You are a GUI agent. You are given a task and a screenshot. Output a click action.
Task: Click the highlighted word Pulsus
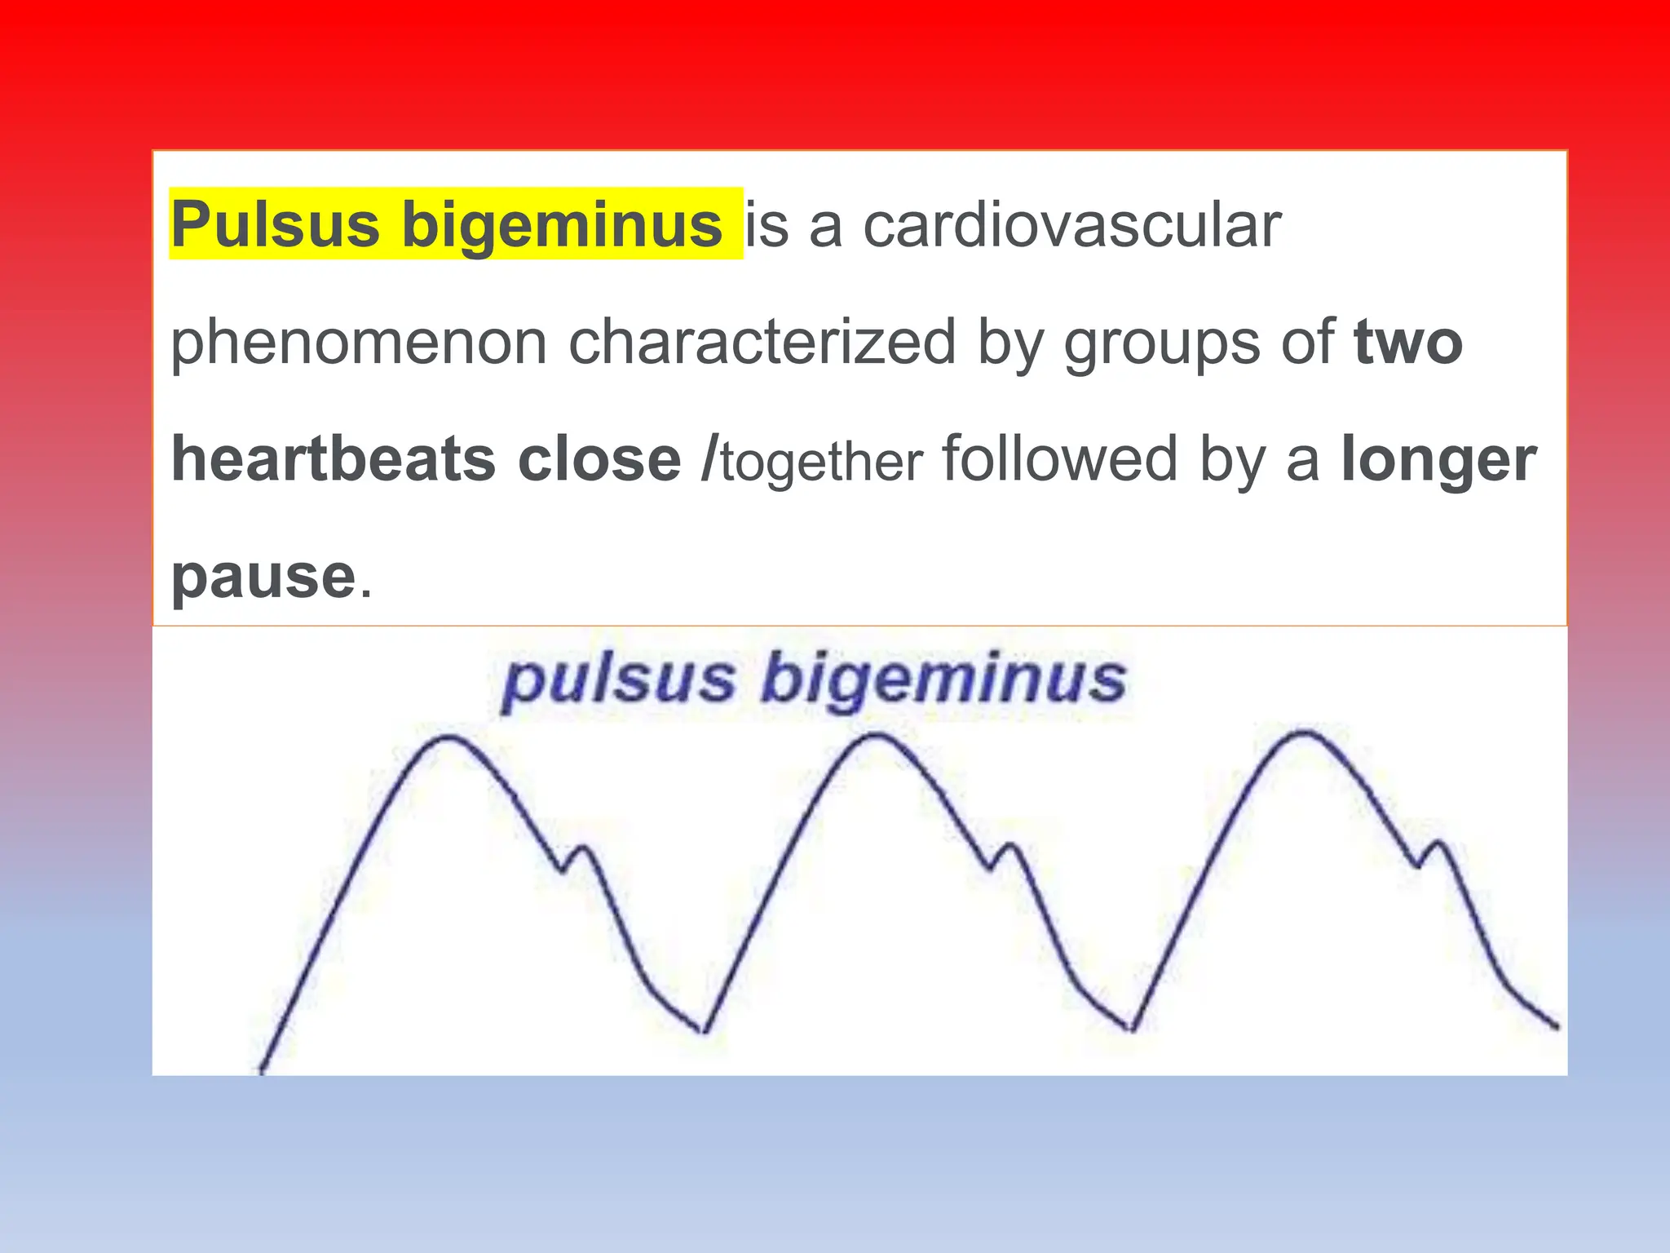pos(275,224)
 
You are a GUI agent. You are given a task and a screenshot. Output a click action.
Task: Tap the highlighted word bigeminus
pos(562,226)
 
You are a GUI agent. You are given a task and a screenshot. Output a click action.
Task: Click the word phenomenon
pos(359,343)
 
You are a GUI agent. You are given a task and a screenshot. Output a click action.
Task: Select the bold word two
pos(1408,343)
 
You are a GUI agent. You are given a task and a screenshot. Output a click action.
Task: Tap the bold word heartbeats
pos(334,458)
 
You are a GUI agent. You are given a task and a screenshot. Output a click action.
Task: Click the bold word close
pos(599,459)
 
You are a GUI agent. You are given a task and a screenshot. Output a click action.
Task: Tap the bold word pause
pos(263,576)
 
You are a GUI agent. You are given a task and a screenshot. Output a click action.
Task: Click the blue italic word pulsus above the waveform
pos(619,680)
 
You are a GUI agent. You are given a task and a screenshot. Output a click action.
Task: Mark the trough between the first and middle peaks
pos(705,1031)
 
